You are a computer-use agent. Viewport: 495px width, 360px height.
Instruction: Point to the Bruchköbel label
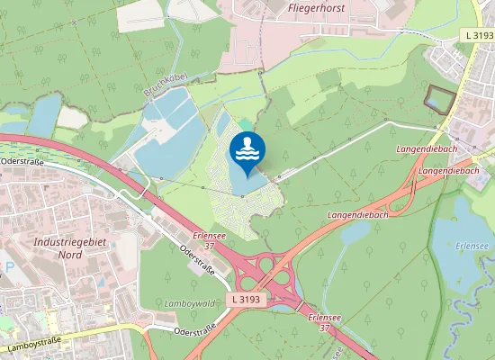coord(164,86)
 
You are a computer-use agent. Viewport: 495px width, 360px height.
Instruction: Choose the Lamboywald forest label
coord(188,304)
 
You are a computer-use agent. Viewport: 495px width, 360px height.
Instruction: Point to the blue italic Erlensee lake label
coord(471,244)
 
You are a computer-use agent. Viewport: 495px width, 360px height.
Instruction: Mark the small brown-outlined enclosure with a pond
coord(438,99)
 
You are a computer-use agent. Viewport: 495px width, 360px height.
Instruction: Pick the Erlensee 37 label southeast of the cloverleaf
coord(322,322)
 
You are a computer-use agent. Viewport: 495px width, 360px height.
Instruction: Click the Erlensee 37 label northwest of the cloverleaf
coord(208,239)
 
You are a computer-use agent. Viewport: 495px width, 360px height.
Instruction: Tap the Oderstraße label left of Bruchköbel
coord(22,161)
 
